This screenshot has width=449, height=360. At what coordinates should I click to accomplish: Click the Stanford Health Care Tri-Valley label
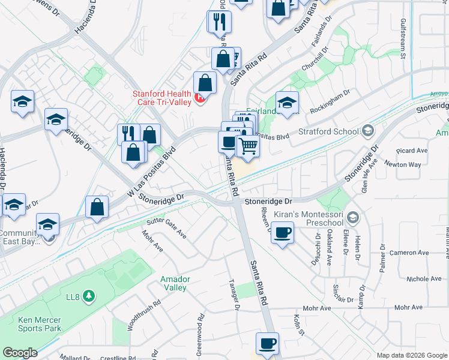pyautogui.click(x=161, y=97)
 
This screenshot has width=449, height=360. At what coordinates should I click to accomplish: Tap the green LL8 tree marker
pyautogui.click(x=89, y=295)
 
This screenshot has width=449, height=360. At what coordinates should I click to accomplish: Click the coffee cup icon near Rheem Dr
pyautogui.click(x=282, y=232)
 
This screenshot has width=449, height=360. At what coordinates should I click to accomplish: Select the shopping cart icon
pyautogui.click(x=247, y=145)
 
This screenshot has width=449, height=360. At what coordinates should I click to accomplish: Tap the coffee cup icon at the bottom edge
pyautogui.click(x=268, y=344)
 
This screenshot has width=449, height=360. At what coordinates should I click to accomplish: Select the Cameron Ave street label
pyautogui.click(x=407, y=253)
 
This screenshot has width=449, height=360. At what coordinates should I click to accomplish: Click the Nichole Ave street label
pyautogui.click(x=424, y=279)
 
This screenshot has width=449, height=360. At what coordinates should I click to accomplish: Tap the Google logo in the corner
pyautogui.click(x=20, y=353)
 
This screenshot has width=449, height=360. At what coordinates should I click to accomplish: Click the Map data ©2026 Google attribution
pyautogui.click(x=411, y=355)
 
